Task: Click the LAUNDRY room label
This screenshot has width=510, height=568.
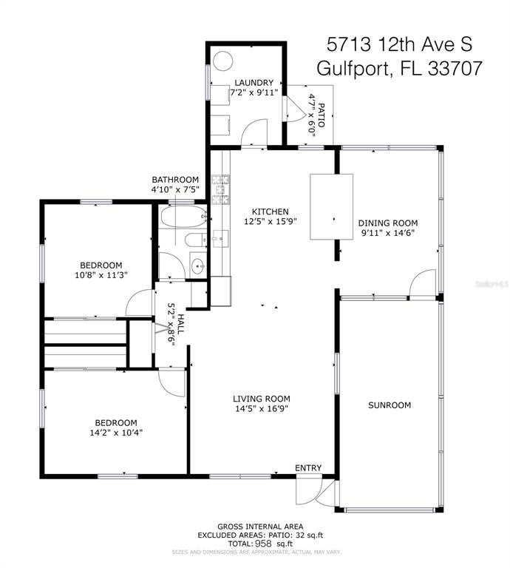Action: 254,83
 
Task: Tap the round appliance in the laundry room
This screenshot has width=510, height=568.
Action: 222,61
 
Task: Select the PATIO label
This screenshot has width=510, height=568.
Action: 322,115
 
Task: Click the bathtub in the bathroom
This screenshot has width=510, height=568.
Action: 182,217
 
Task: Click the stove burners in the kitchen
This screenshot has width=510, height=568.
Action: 220,189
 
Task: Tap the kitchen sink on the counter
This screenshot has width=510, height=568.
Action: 220,239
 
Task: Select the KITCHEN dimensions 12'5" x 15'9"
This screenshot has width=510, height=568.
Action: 271,221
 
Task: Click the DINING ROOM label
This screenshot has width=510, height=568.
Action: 388,223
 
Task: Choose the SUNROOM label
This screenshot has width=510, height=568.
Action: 390,405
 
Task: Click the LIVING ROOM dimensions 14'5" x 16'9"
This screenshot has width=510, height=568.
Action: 262,408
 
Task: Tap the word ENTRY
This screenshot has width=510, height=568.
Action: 308,468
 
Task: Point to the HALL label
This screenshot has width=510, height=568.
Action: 180,324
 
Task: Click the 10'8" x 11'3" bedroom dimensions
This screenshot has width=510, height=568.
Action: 101,275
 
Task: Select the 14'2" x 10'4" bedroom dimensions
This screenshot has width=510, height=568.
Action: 116,433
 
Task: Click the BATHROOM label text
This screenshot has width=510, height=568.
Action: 175,180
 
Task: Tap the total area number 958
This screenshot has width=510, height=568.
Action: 264,544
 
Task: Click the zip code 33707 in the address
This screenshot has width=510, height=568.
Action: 455,68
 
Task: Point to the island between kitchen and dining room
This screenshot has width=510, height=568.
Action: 332,206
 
